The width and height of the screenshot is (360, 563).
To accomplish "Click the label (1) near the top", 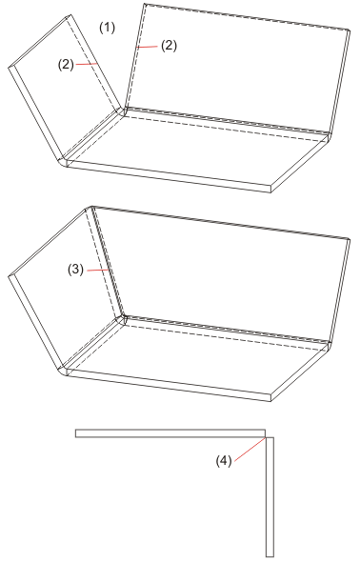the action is [107, 28].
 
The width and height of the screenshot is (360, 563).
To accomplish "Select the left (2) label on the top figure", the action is [66, 65].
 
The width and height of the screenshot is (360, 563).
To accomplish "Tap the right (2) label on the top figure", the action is [169, 46].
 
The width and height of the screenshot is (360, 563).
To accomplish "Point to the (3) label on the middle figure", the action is [76, 270].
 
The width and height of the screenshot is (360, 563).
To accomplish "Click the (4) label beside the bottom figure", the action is [224, 461].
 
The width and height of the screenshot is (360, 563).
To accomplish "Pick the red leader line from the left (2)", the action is [87, 64].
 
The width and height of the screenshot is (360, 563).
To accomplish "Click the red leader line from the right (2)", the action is [147, 47].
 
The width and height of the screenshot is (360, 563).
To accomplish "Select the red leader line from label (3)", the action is [97, 270].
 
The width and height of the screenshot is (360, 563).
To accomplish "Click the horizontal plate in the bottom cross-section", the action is [170, 433].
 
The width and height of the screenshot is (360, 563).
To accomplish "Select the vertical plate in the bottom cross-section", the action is [270, 496].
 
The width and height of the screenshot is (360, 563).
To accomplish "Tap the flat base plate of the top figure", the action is [195, 151].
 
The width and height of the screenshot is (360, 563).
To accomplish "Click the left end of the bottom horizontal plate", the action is [75, 433].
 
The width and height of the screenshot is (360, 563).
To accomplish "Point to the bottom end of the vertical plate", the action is [270, 556].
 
